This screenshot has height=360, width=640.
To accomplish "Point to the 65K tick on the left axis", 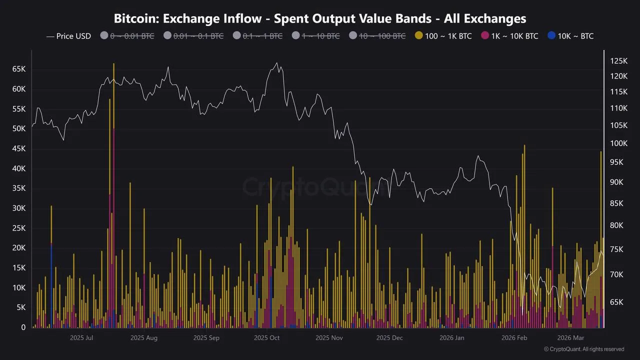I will click(x=19, y=69).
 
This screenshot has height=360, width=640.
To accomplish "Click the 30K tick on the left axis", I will click(x=19, y=208).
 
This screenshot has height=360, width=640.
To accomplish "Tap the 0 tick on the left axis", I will click(x=23, y=327).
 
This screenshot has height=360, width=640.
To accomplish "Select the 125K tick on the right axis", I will click(x=618, y=61).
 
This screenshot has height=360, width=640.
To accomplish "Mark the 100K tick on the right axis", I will click(x=618, y=143).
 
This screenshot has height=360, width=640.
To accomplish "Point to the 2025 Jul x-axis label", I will click(x=81, y=338).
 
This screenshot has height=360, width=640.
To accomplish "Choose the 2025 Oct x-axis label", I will click(x=267, y=338).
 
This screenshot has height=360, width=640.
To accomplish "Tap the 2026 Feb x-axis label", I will click(x=514, y=338).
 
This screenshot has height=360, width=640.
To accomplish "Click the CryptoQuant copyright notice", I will click(x=583, y=349).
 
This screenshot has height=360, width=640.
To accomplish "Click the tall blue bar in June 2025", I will click(x=51, y=285).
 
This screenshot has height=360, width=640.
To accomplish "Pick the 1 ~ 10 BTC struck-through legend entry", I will click(x=321, y=36).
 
